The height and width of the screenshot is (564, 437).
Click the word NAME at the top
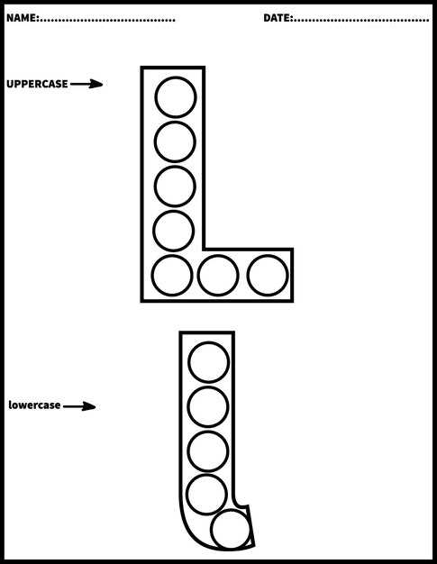22,18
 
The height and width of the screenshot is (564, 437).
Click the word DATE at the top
278,18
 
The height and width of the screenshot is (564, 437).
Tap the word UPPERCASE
37,84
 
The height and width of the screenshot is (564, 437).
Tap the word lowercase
34,405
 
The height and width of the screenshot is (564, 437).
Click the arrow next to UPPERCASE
86,84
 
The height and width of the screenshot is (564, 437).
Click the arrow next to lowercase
79,406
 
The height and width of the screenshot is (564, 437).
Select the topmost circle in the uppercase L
176,97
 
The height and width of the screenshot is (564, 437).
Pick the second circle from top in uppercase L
175,141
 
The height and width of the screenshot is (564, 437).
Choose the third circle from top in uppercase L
175,186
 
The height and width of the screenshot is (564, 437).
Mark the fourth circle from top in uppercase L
174,231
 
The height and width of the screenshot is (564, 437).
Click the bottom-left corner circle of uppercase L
172,276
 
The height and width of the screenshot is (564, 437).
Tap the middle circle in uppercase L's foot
218,276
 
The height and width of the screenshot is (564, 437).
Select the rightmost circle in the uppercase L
268,276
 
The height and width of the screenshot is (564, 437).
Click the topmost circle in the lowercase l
209,362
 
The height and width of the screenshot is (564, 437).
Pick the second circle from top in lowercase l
208,407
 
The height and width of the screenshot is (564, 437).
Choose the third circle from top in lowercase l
208,451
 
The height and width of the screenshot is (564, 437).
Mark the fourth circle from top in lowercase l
207,495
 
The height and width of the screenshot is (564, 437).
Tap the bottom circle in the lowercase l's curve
231,530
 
